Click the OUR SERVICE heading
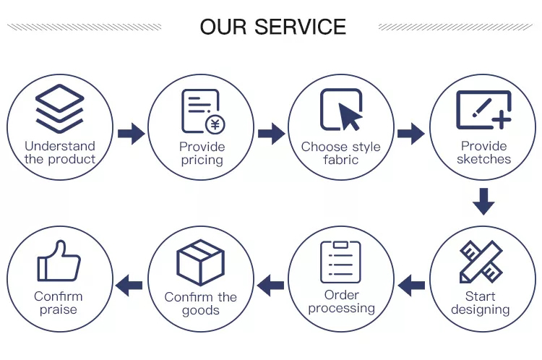[272, 27]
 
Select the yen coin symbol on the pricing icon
[215, 124]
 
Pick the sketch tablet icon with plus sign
[483, 110]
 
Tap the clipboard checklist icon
[340, 262]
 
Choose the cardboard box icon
[201, 262]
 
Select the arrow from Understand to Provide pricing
[131, 134]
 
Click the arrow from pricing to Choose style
[271, 134]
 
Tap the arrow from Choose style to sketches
[411, 134]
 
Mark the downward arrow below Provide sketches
[483, 201]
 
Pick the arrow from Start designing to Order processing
[411, 285]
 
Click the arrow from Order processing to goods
[271, 285]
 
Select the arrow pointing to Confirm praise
[130, 285]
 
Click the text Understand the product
[60, 153]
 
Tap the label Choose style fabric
[341, 153]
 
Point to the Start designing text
[481, 303]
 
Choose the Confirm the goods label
[201, 304]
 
